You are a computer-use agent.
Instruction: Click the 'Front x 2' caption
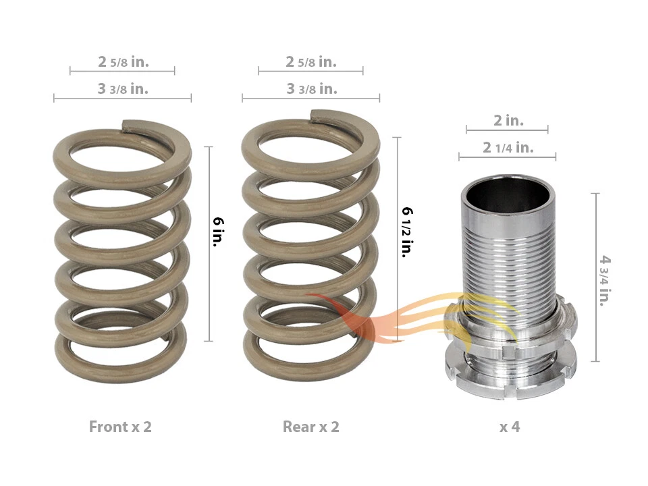120,427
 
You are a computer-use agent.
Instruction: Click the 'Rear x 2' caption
310,427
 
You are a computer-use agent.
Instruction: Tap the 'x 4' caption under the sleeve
510,427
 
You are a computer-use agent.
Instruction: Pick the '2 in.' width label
508,120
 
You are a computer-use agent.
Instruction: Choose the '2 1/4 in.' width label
508,147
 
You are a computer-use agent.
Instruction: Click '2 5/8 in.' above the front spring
123,61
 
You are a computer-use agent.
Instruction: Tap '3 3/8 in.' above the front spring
123,88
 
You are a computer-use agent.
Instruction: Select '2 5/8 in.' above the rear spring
310,61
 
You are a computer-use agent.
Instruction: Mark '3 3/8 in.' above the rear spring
310,88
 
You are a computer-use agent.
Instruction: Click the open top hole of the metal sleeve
508,195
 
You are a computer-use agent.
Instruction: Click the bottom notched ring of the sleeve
510,381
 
